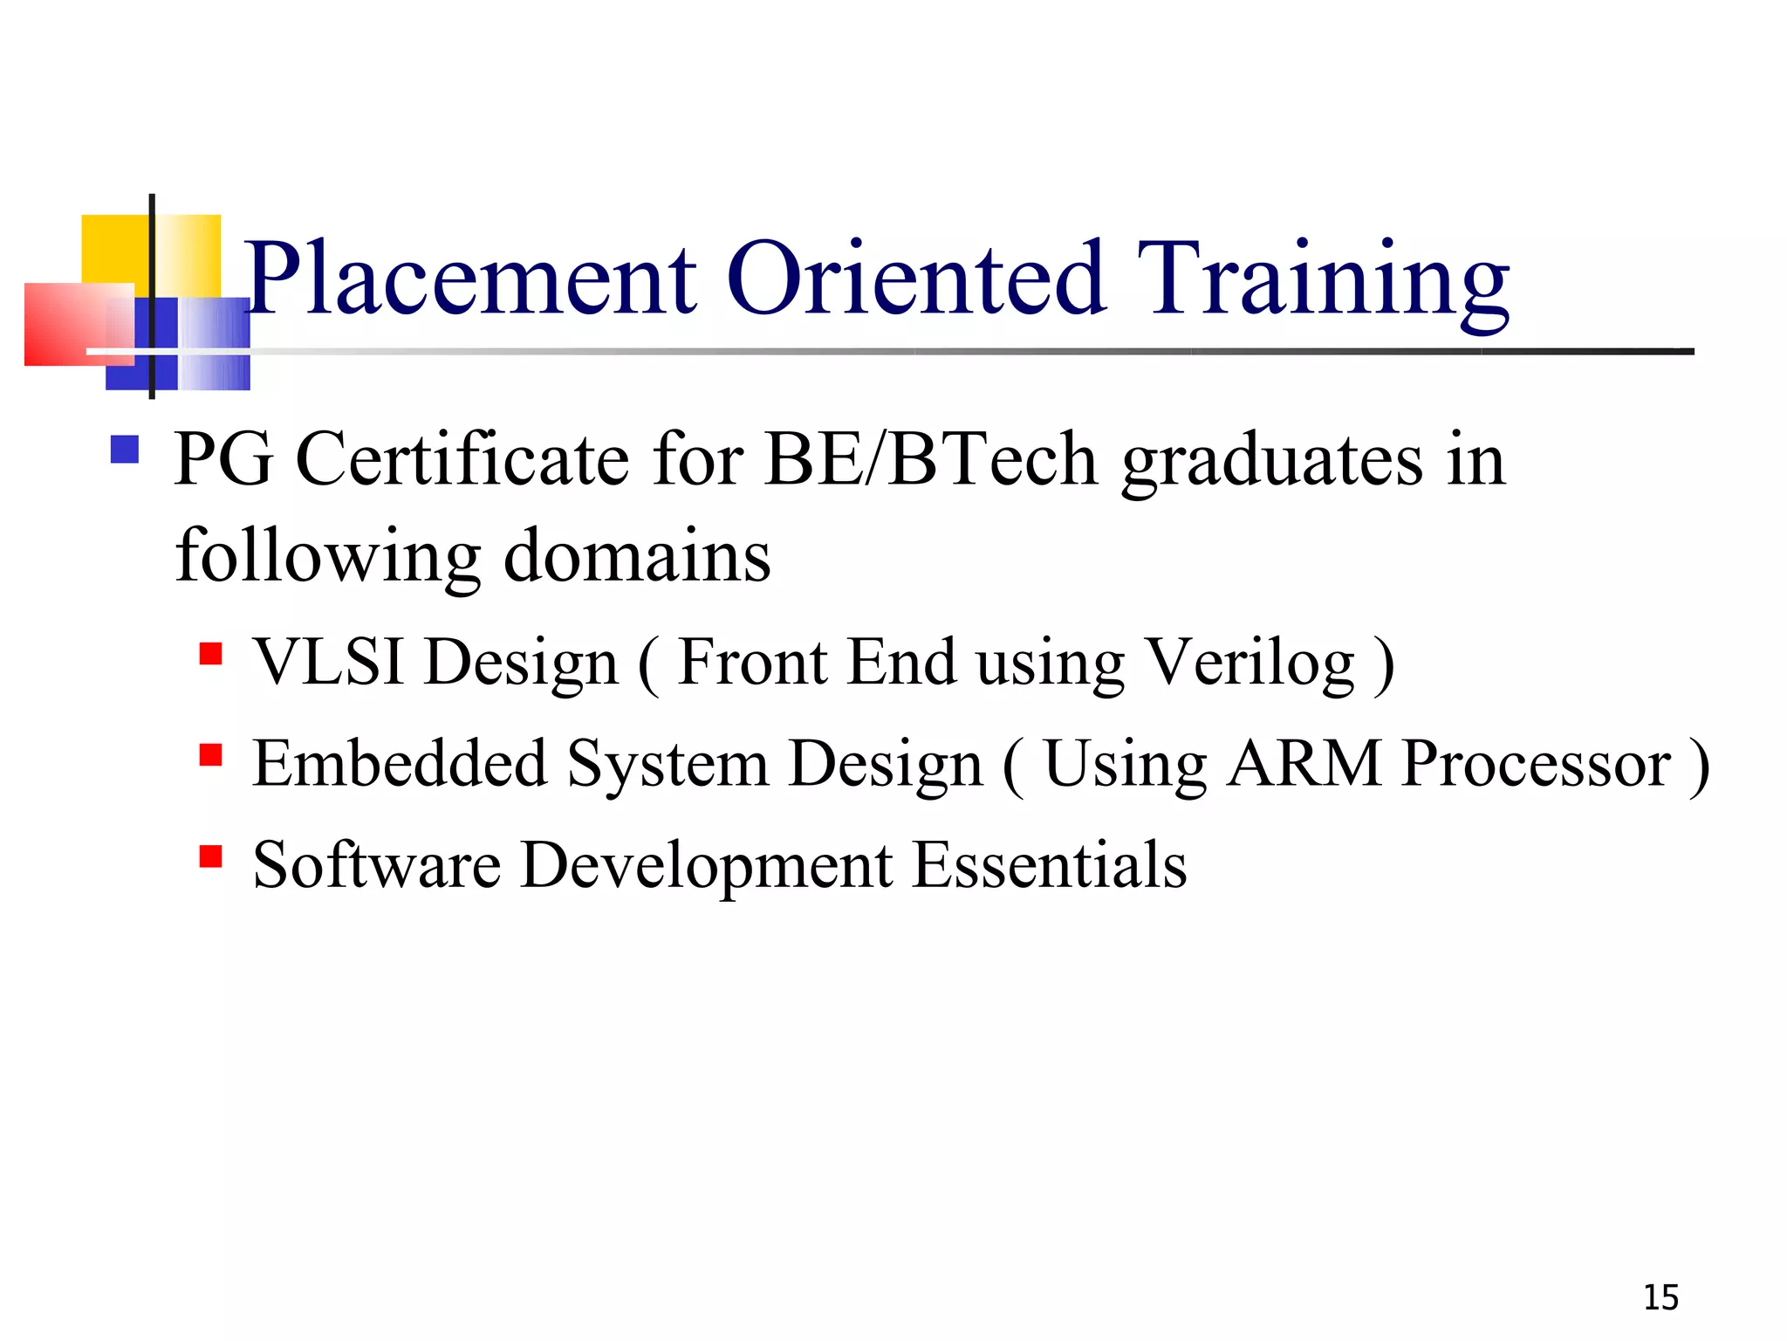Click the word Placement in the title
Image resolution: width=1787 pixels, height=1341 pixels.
[x=471, y=279]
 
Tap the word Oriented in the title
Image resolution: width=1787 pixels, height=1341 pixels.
[x=916, y=279]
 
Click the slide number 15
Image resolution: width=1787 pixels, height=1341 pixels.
[x=1660, y=1298]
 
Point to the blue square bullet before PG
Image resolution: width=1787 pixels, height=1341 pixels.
[x=125, y=450]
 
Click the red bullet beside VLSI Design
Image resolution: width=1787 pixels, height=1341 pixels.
[x=210, y=654]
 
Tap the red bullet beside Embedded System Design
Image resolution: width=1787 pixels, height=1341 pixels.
[x=210, y=754]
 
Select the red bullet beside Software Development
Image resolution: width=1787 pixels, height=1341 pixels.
[x=210, y=856]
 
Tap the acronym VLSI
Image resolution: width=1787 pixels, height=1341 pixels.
[x=329, y=662]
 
